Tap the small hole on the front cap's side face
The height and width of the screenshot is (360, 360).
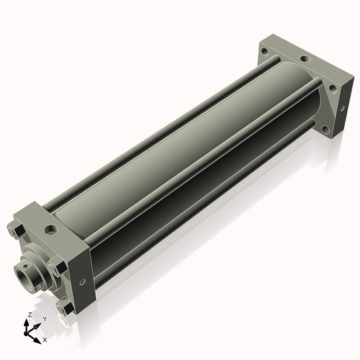point(83,281)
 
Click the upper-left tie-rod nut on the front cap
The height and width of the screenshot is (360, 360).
point(16,230)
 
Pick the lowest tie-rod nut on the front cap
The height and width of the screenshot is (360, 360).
point(68,308)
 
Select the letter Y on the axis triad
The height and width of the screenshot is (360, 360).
point(44,318)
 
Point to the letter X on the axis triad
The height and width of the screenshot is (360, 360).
point(45,338)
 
